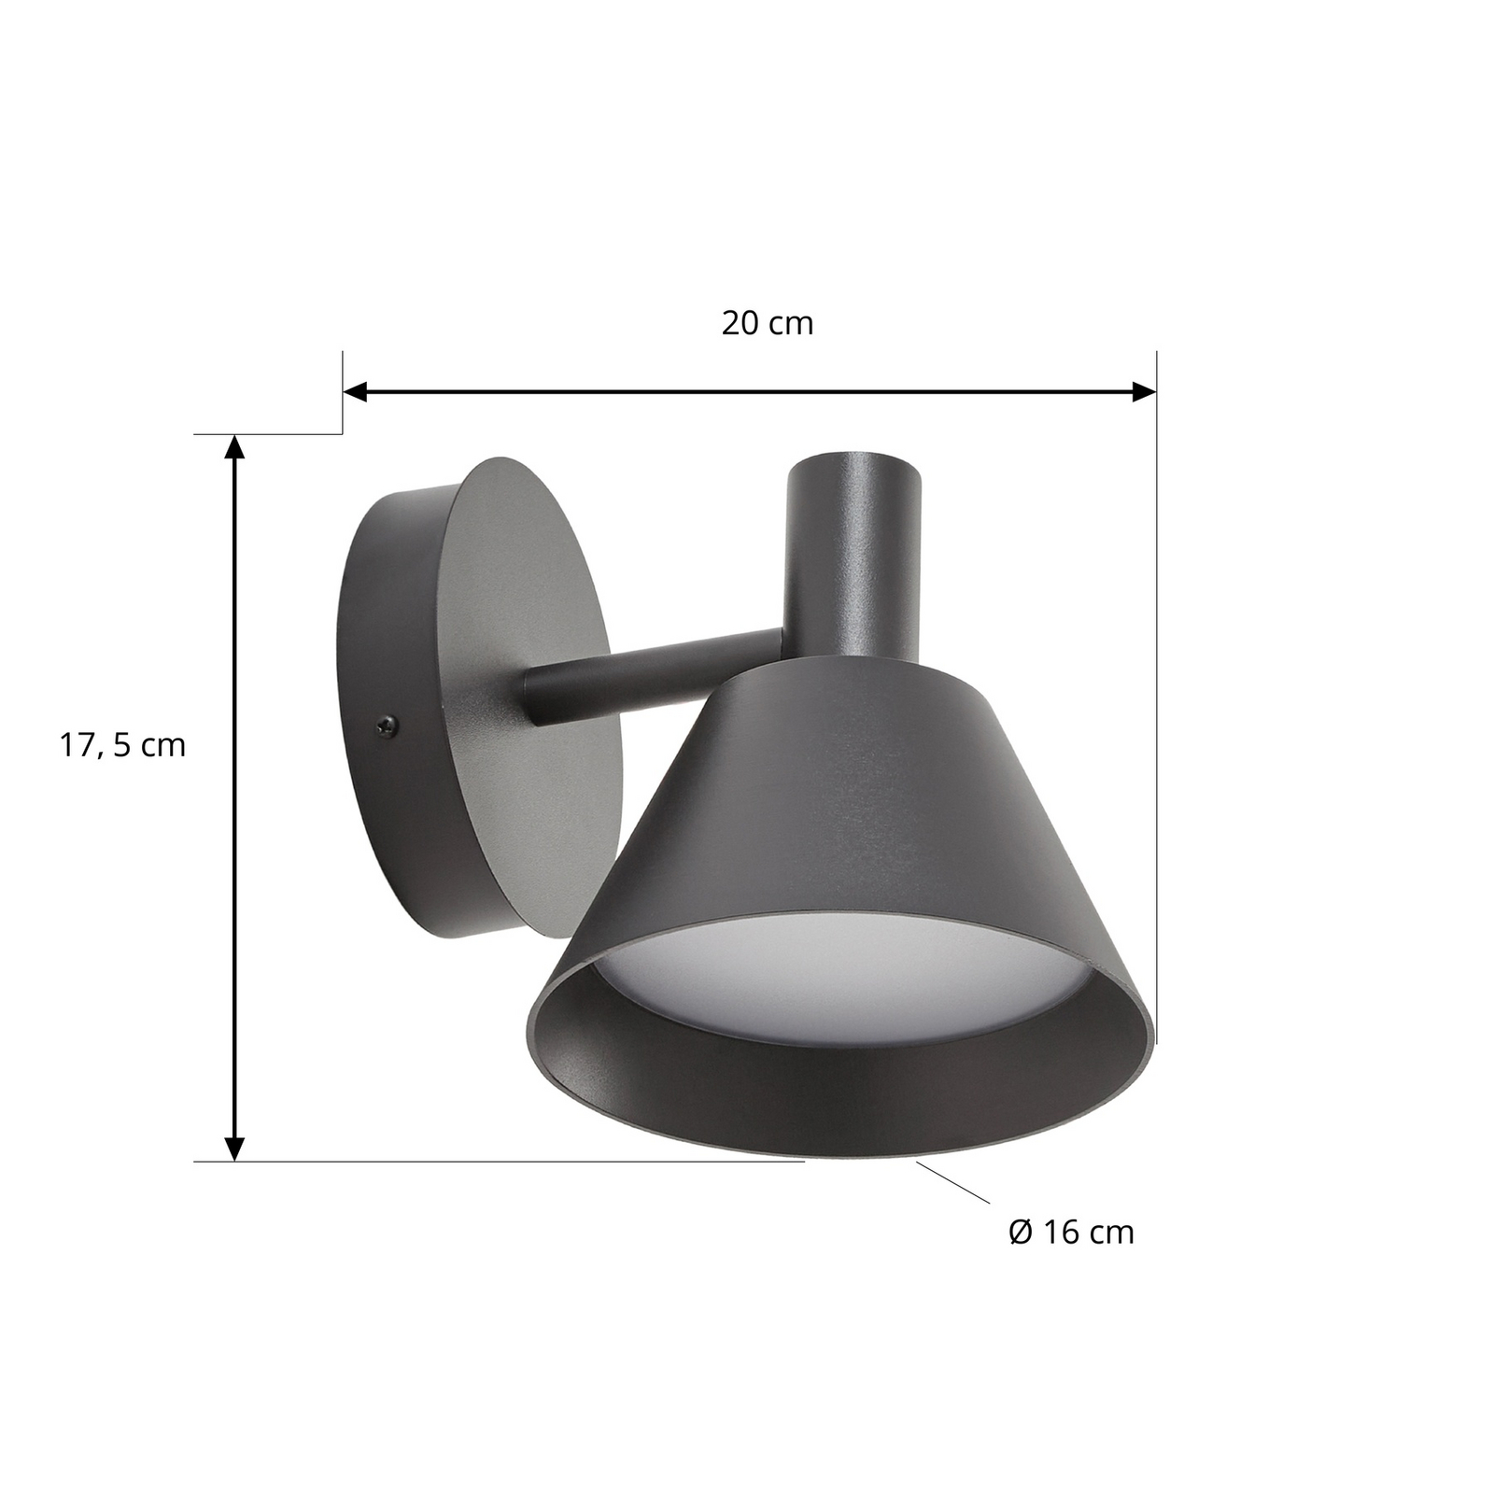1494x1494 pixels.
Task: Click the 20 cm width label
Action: (767, 323)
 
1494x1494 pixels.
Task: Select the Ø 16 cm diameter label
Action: (1071, 1232)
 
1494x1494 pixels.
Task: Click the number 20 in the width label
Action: (738, 323)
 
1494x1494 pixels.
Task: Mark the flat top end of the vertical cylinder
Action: (853, 464)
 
